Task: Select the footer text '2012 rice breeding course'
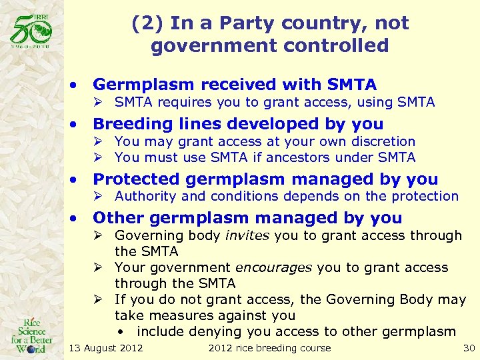click(269, 347)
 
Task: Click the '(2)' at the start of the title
click(147, 24)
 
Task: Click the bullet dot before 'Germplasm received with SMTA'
click(77, 85)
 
